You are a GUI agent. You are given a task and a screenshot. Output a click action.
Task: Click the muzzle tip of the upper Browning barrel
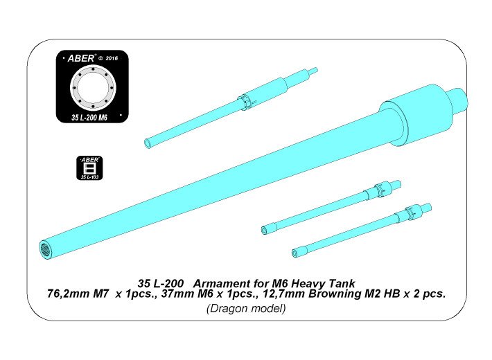pos(265,229)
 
